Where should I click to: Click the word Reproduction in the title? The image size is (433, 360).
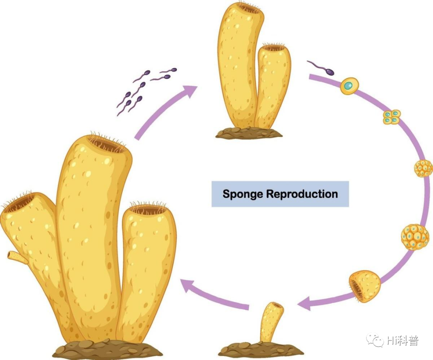302,194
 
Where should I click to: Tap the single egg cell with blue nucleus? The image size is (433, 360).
349,86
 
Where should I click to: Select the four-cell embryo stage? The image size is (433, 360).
392,117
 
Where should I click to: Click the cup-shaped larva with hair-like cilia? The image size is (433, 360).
365,286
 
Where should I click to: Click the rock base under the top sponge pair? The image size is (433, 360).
249,133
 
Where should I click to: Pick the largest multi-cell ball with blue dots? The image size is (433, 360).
415,237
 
